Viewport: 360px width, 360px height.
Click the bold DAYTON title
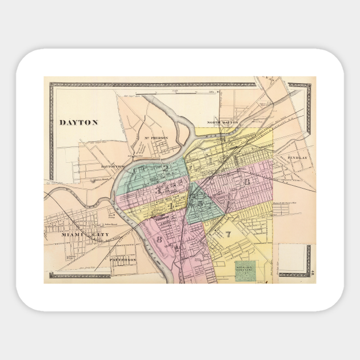79,122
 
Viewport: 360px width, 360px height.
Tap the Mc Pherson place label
155,138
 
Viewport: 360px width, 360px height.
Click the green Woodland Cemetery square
245,271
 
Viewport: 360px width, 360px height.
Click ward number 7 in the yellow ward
227,233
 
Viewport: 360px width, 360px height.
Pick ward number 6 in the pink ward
247,182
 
